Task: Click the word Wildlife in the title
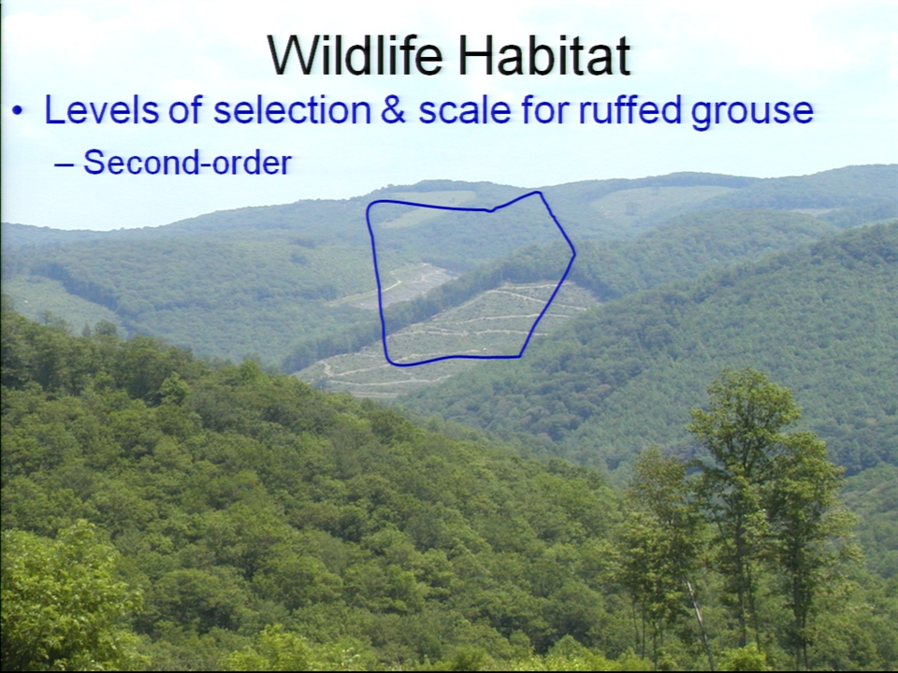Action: [x=355, y=55]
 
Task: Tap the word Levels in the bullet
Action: [x=101, y=109]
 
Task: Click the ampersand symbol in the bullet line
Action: [x=393, y=109]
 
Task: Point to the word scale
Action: [x=465, y=109]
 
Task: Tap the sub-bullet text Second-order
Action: [x=187, y=162]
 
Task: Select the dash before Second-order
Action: [x=65, y=165]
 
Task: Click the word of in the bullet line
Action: [x=185, y=109]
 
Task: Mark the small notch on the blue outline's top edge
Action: [x=491, y=209]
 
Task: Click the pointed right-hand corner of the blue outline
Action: [x=573, y=253]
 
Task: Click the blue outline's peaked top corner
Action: [x=539, y=193]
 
